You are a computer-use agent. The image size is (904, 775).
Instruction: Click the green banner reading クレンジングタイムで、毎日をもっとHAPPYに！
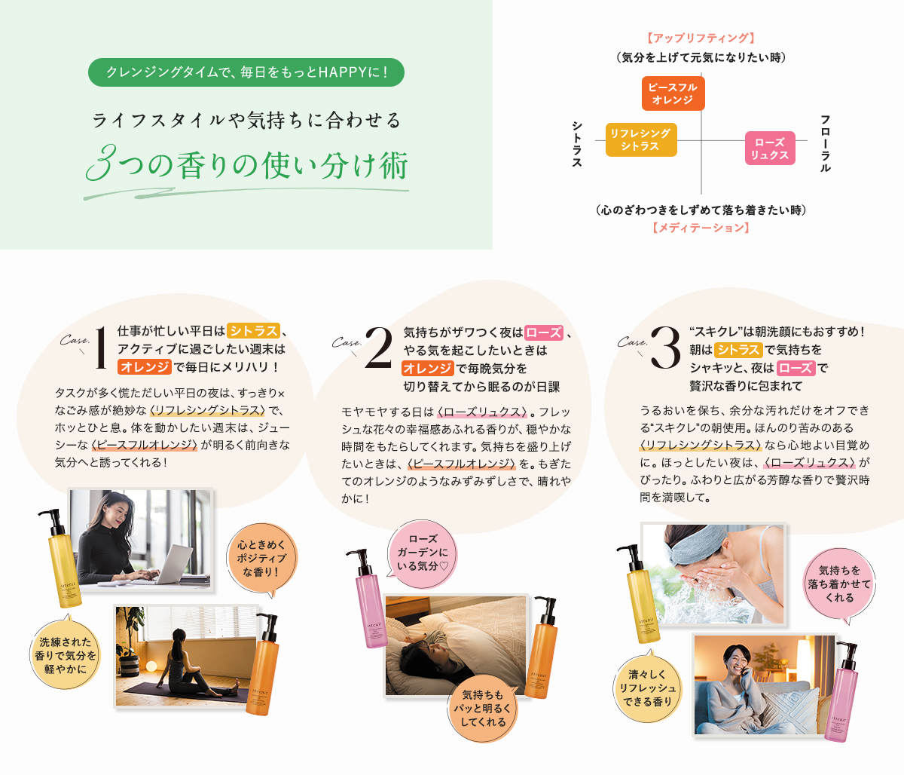(246, 72)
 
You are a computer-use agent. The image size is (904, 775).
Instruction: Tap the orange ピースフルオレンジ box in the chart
(673, 93)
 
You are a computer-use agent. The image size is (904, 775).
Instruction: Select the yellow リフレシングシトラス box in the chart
(641, 139)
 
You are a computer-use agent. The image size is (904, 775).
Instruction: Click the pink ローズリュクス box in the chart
(770, 149)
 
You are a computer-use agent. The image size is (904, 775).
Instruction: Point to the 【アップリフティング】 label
(701, 38)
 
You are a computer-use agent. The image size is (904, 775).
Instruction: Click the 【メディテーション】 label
(701, 228)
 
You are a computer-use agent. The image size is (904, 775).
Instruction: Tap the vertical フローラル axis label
(825, 143)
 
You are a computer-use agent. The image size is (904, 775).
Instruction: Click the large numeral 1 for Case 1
(101, 348)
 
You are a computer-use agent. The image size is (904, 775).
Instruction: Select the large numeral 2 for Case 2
(378, 347)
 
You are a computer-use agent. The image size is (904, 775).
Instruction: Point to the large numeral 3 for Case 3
(665, 348)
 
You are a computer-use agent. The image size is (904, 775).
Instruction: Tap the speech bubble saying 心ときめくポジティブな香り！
(262, 559)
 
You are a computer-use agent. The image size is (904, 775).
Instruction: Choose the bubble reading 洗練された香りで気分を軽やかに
(66, 654)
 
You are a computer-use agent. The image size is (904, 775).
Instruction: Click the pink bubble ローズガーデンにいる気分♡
(422, 553)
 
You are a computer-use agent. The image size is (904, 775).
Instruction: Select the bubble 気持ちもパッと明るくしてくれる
(483, 708)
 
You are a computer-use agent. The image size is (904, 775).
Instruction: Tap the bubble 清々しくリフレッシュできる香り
(647, 688)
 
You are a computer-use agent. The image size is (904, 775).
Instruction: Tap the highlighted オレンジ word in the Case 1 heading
(145, 366)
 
